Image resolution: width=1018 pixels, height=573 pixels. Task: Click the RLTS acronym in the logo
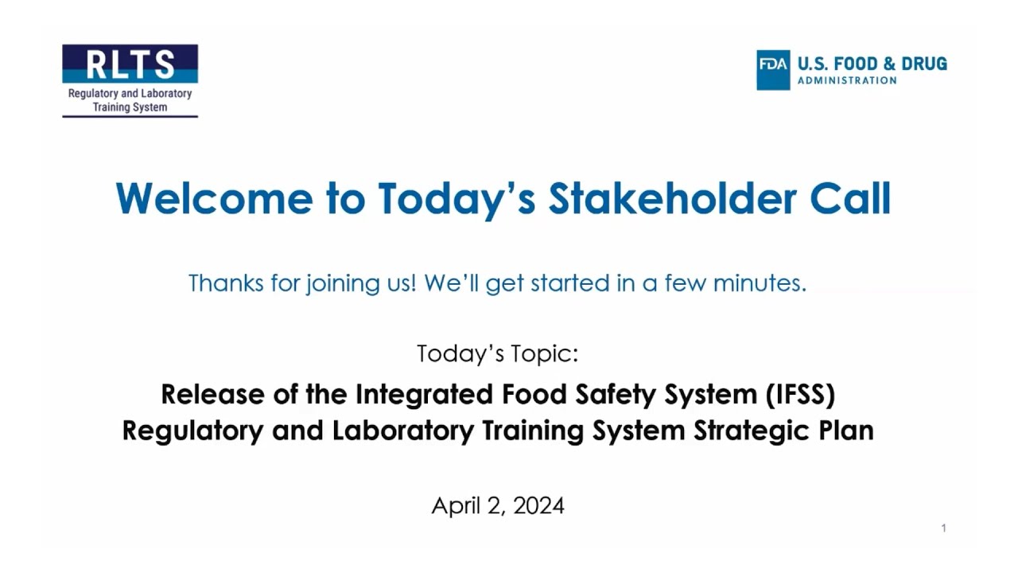tap(130, 64)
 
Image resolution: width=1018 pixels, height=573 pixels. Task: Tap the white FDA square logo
tap(773, 70)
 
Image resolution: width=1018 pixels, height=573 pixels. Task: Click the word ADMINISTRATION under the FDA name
tap(847, 80)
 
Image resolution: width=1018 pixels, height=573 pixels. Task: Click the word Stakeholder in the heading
tap(671, 198)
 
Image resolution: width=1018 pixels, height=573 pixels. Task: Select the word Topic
tap(542, 353)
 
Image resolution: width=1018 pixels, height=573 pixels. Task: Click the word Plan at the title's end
tap(846, 431)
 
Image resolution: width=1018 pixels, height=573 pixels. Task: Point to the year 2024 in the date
tap(538, 505)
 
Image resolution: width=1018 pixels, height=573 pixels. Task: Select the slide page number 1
tap(943, 528)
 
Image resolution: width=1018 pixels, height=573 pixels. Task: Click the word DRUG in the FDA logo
tap(924, 64)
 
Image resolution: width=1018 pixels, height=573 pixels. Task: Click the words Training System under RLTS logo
tap(130, 107)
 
